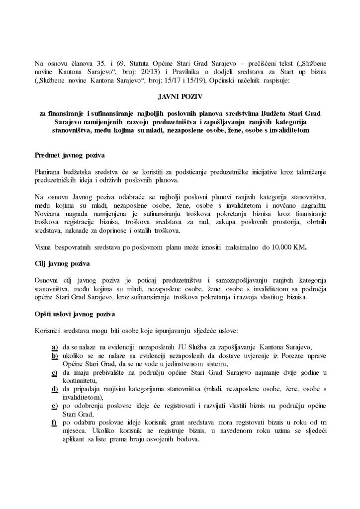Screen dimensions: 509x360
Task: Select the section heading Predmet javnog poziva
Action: (x=64, y=155)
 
